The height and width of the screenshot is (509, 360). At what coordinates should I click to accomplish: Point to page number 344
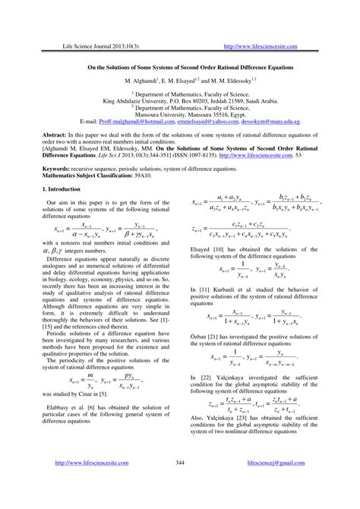click(x=180, y=483)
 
